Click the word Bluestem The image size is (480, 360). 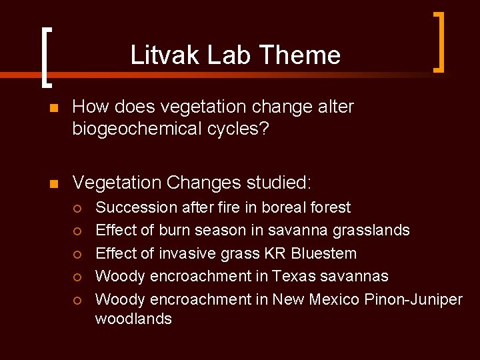click(x=326, y=253)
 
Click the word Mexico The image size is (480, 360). click(x=335, y=299)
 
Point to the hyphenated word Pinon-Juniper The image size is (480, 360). click(x=413, y=299)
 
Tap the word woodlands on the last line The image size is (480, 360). click(x=133, y=319)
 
